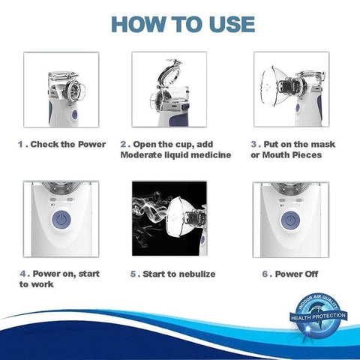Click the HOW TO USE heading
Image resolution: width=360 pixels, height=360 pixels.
tap(180, 22)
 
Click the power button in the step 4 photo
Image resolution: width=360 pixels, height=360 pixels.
tap(62, 224)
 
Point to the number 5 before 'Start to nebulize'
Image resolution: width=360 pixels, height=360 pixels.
tap(133, 274)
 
